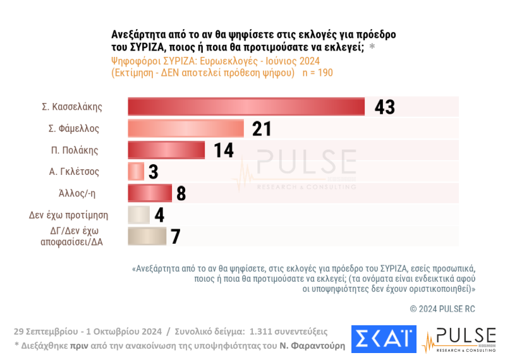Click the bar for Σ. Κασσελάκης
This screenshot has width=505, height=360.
click(246, 107)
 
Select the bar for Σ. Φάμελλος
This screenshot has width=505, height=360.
click(186, 129)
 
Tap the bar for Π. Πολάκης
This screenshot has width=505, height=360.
click(166, 150)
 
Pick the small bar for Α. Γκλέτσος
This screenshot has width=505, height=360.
click(136, 171)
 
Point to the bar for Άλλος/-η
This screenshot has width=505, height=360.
click(150, 193)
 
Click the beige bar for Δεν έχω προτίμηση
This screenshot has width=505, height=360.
click(138, 215)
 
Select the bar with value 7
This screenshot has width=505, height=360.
click(147, 236)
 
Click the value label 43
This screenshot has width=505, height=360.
click(384, 107)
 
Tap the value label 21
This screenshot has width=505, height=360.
click(261, 129)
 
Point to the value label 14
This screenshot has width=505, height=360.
click(223, 150)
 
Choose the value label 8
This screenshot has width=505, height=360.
click(181, 193)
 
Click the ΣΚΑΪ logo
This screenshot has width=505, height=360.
click(383, 339)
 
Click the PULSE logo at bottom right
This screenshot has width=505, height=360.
click(459, 340)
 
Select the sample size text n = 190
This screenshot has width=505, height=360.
click(318, 73)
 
